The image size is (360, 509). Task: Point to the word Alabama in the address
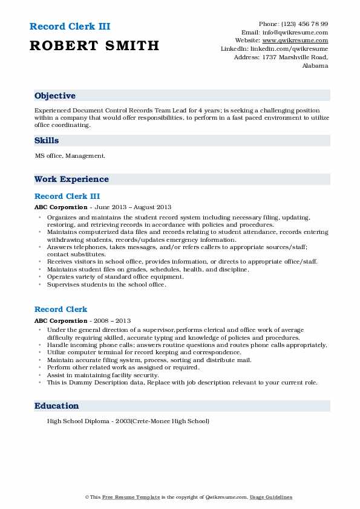tap(315, 66)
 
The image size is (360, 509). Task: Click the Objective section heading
tap(55, 96)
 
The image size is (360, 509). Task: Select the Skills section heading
tap(47, 140)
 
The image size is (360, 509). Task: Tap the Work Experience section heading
tap(71, 179)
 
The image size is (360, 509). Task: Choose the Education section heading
tap(57, 406)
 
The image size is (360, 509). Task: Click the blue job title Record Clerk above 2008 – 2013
tap(61, 310)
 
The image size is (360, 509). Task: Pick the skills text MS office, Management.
tap(70, 156)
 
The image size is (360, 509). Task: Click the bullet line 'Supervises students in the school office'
tap(106, 284)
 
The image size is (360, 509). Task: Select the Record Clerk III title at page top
tap(70, 27)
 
